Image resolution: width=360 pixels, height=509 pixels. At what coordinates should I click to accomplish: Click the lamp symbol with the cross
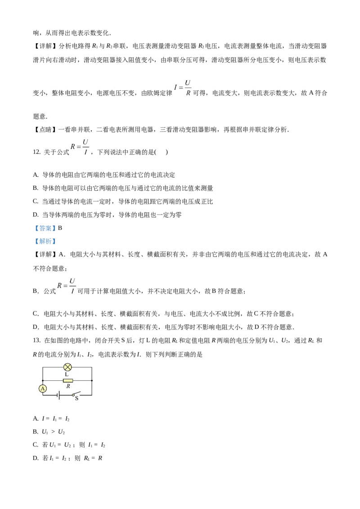(67, 367)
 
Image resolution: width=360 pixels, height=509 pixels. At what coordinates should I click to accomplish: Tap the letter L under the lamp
(67, 375)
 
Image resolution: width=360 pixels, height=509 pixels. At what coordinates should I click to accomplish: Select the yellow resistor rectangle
(68, 380)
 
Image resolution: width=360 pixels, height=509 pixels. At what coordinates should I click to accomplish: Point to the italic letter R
(68, 386)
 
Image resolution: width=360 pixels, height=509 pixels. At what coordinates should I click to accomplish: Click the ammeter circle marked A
(43, 388)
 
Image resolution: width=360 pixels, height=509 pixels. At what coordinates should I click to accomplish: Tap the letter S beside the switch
(76, 398)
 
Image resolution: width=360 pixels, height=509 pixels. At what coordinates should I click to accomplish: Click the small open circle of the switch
(73, 395)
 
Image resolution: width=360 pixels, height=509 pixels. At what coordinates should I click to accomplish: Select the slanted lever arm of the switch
(77, 393)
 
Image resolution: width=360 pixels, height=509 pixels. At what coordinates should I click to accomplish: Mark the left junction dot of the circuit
(43, 380)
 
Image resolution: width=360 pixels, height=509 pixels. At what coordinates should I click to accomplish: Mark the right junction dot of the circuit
(92, 380)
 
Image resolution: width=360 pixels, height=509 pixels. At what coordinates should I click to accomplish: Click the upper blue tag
(45, 228)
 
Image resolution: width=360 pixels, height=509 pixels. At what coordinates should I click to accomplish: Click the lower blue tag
(45, 241)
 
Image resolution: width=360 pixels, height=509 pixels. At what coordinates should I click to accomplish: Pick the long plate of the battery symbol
(59, 395)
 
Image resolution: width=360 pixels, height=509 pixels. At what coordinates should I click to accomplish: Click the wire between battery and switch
(67, 395)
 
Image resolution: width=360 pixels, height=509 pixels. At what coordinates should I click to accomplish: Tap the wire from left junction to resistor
(53, 380)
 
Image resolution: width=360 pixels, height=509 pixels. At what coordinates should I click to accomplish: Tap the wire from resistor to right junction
(82, 380)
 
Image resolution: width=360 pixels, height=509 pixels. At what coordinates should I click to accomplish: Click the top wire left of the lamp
(53, 367)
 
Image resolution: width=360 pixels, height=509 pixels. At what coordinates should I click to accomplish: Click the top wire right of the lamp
(82, 367)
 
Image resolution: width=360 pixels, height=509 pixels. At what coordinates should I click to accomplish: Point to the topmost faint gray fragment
(189, 81)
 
